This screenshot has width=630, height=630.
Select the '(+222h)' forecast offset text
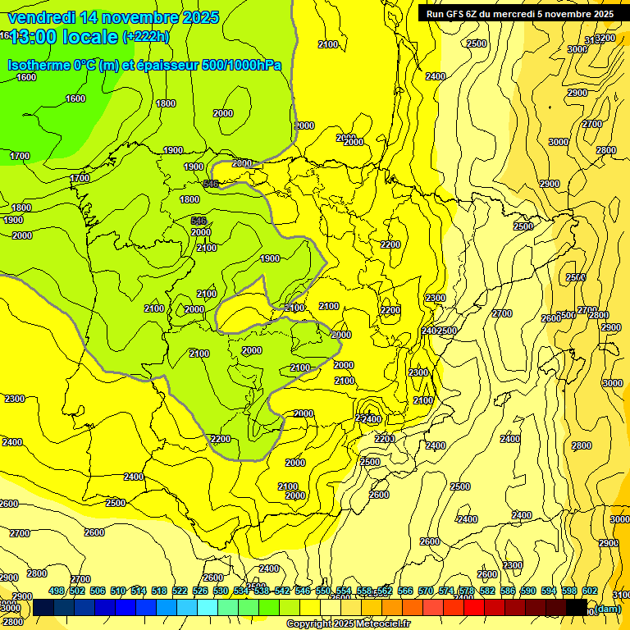pos(146,37)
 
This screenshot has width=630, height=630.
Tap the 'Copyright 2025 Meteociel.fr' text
pos(348,624)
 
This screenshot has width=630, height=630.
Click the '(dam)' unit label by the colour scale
pos(607,608)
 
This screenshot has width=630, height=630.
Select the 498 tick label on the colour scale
pos(57,591)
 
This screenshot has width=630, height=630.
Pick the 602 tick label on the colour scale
pos(590,591)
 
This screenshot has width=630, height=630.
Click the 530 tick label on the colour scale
pos(221,591)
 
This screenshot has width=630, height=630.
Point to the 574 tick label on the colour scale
pos(446,591)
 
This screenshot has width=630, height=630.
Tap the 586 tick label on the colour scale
pos(508,591)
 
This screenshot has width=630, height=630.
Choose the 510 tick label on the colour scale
pos(118,591)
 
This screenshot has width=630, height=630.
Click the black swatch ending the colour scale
pos(577,607)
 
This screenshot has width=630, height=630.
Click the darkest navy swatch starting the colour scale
pos(43,607)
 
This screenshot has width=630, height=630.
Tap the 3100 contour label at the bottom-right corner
pos(621,595)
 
